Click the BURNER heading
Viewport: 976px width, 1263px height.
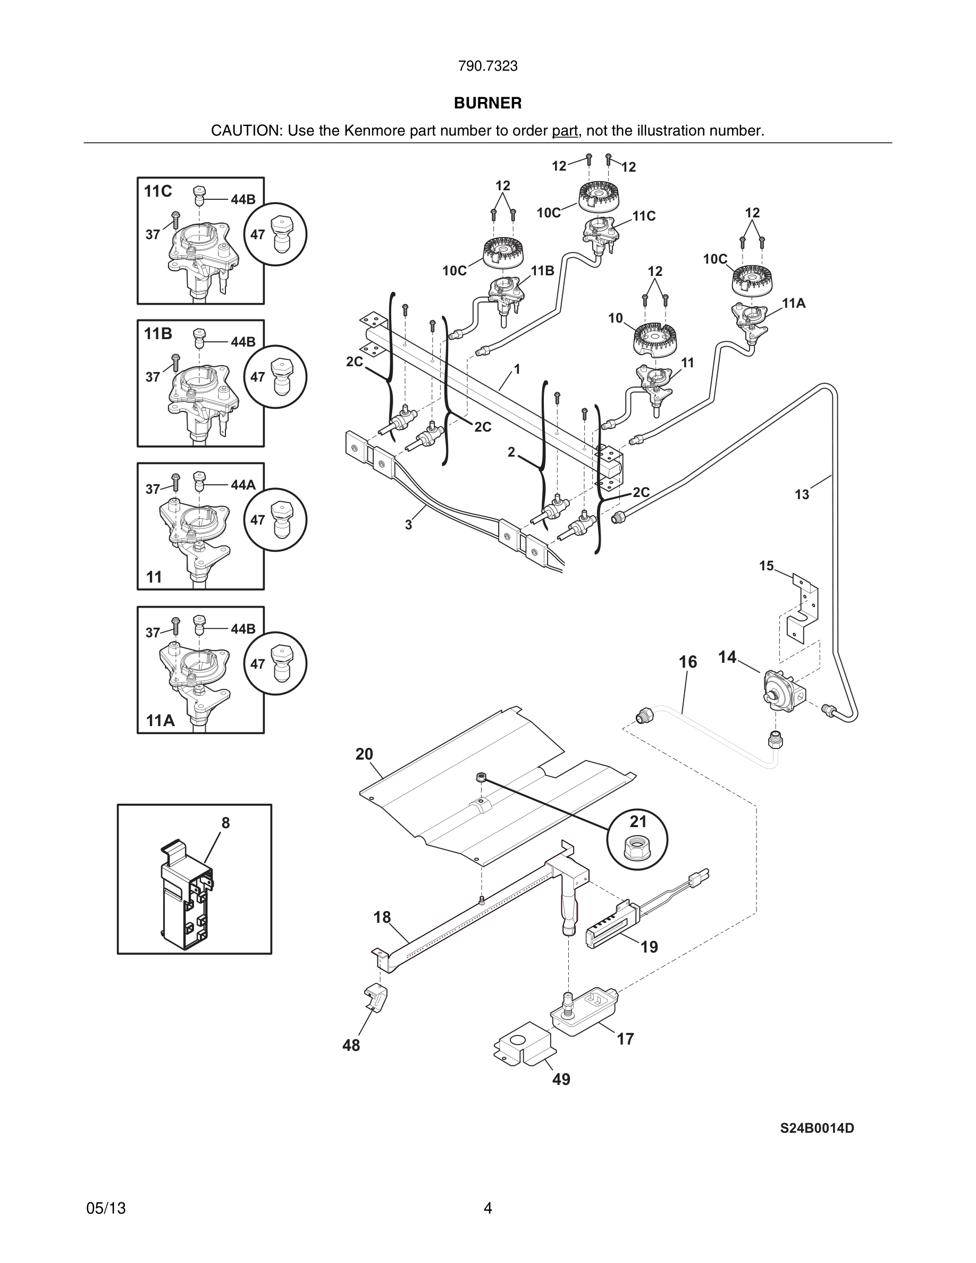tap(487, 103)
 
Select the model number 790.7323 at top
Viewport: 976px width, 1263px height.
tap(487, 66)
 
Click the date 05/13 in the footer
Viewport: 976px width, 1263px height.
tap(106, 1208)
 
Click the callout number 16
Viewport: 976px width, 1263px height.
tap(687, 662)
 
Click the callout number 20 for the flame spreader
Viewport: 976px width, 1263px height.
tap(364, 754)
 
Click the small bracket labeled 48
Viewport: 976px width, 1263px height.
tap(376, 999)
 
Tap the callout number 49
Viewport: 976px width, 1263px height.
tap(561, 1080)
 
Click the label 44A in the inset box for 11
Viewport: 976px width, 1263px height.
tap(243, 485)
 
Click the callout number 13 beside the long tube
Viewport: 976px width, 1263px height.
tap(802, 494)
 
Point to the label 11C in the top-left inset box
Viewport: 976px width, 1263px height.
tap(158, 191)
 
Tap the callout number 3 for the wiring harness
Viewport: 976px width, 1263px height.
tap(408, 525)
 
